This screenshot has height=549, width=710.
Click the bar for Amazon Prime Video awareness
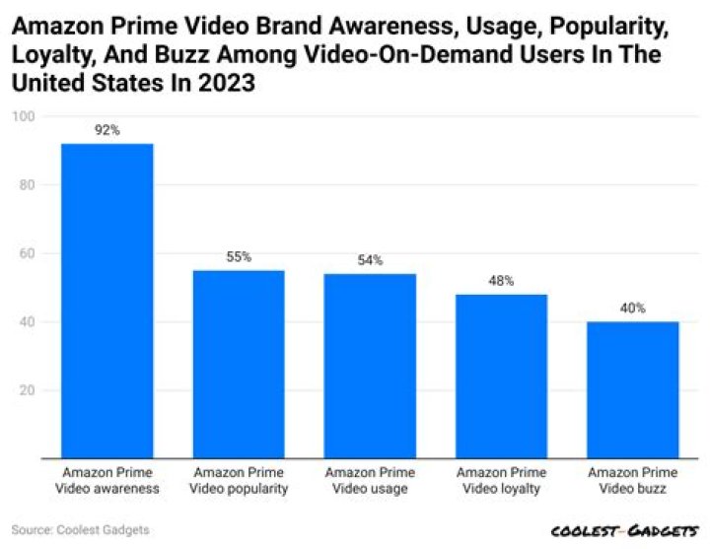pyautogui.click(x=107, y=301)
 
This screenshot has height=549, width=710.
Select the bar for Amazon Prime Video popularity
pyautogui.click(x=239, y=364)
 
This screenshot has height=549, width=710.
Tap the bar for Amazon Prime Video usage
pyautogui.click(x=370, y=366)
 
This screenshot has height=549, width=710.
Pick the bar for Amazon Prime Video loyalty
pyautogui.click(x=501, y=376)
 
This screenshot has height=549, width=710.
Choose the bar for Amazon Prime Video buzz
pyautogui.click(x=632, y=389)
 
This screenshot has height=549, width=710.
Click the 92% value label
pyautogui.click(x=107, y=130)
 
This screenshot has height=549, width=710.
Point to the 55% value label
pyautogui.click(x=239, y=257)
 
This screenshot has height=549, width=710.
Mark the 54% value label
pyautogui.click(x=370, y=260)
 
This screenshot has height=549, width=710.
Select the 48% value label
pyautogui.click(x=501, y=281)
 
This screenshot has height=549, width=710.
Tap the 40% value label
pyautogui.click(x=632, y=309)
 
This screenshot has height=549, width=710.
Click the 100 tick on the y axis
pyautogui.click(x=23, y=116)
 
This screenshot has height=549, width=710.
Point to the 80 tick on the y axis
pyautogui.click(x=26, y=185)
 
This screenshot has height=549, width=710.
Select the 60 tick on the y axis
pyautogui.click(x=26, y=253)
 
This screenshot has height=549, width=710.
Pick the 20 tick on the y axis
pyautogui.click(x=26, y=390)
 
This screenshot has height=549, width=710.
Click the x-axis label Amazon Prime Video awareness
pyautogui.click(x=107, y=481)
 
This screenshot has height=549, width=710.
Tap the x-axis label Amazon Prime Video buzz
pyautogui.click(x=632, y=481)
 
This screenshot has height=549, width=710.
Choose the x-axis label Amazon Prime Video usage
pyautogui.click(x=370, y=481)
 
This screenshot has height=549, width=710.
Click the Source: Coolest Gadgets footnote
pyautogui.click(x=81, y=530)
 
